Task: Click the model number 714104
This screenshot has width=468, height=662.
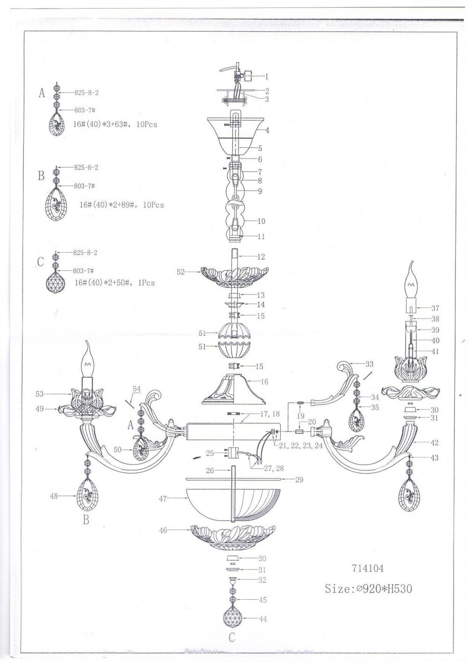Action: pos(367,568)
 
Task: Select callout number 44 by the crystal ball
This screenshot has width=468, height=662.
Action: pos(263,618)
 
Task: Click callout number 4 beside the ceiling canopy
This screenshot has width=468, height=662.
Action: pos(267,130)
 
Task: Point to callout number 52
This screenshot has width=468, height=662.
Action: pos(181,272)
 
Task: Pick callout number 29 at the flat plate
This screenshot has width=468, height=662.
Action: pos(299,480)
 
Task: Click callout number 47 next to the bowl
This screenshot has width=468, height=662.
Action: pos(163,499)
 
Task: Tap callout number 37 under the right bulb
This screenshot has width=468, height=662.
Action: pos(435,308)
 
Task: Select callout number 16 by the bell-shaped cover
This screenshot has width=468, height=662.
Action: pos(264,382)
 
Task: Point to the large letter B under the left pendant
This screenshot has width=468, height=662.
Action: pos(86,519)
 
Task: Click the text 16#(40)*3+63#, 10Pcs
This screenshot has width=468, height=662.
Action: pos(115,124)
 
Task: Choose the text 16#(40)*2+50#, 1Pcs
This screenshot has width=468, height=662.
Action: pos(115,283)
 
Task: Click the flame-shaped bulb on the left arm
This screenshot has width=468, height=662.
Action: pos(88,358)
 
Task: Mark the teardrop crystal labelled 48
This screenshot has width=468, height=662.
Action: pos(88,496)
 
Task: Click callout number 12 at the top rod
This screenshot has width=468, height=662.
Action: pos(261,257)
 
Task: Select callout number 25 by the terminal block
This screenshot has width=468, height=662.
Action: pos(210,453)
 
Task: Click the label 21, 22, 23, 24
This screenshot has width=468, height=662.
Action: pos(300,446)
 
